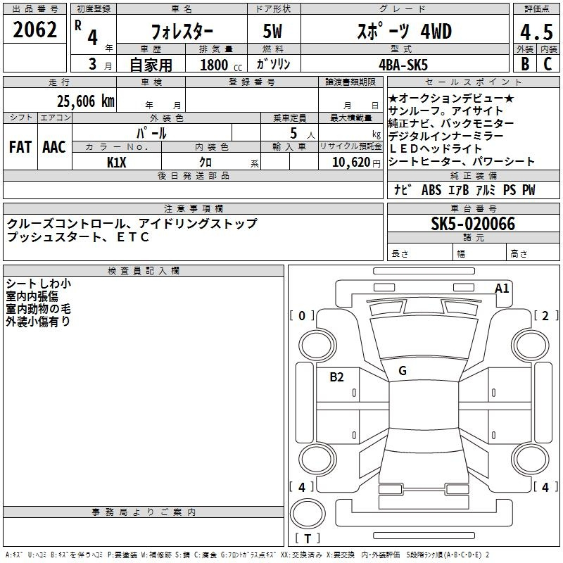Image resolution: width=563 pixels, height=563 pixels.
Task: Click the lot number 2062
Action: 34,30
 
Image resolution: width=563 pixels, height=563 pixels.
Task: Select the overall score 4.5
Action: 536,32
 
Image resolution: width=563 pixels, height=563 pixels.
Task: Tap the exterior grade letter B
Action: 525,64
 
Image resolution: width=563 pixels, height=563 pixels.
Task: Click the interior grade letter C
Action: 548,64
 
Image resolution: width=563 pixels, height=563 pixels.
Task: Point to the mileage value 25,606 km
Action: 85,101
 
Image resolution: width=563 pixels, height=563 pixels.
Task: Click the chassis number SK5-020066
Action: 473,224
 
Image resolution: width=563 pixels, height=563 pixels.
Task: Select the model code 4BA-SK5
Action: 403,65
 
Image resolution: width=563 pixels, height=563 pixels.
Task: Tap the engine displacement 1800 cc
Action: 221,65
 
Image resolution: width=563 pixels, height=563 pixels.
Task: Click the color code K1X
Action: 116,163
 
